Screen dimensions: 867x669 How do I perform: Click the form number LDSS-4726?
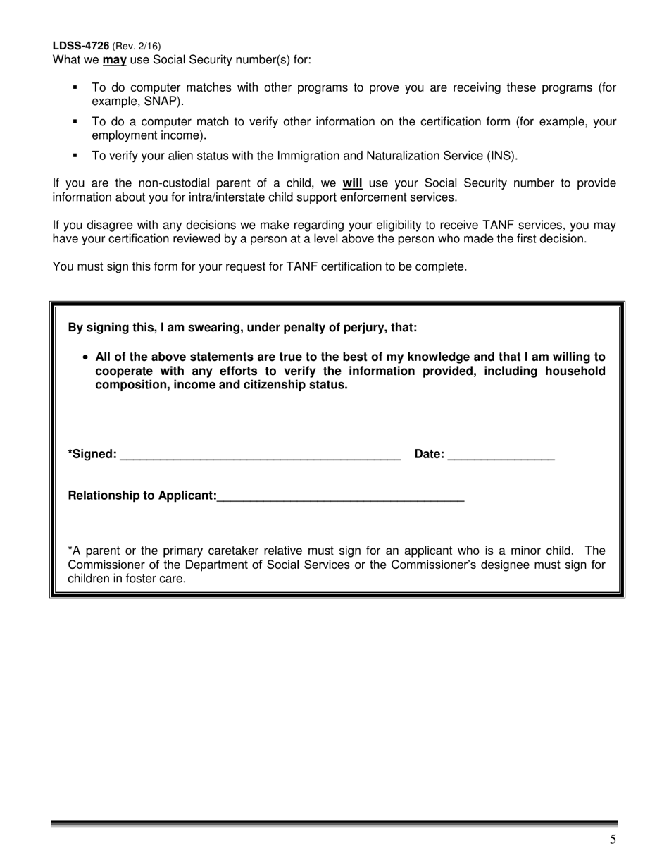[81, 46]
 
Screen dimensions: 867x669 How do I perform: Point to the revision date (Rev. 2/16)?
[136, 46]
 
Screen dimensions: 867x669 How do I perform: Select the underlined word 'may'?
[114, 60]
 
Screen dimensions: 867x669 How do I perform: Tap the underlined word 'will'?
[352, 184]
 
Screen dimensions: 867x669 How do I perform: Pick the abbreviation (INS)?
[502, 156]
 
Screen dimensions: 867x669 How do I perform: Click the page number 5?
[613, 839]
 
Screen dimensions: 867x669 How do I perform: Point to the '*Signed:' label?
[92, 455]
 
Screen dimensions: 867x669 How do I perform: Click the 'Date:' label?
[430, 455]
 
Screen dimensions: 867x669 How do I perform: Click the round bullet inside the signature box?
[86, 357]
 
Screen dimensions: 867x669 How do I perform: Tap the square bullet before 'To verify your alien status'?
[75, 156]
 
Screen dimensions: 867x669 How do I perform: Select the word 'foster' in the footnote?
[144, 579]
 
